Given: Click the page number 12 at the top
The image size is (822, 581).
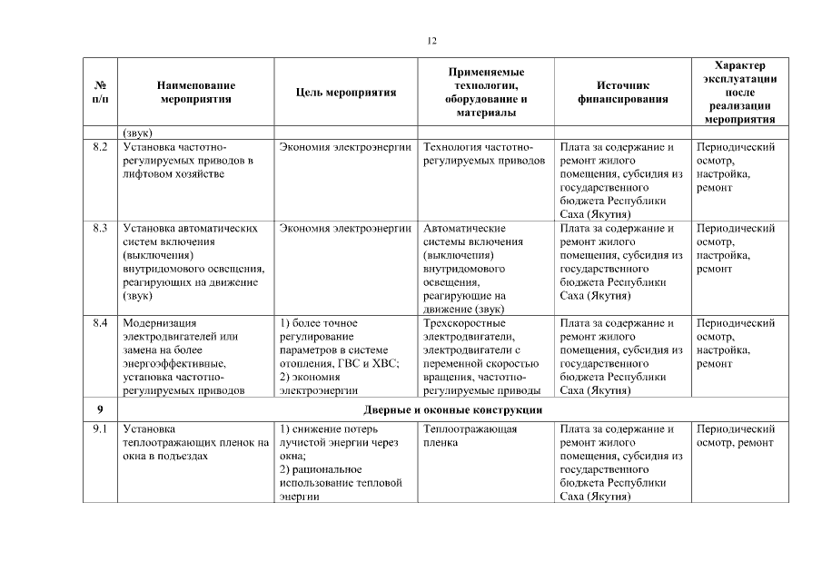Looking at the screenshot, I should pyautogui.click(x=431, y=41).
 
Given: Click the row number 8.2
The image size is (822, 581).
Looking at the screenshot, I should pyautogui.click(x=100, y=147).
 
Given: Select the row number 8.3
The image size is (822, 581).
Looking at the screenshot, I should pyautogui.click(x=100, y=229).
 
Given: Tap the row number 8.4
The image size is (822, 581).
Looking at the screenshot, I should pyautogui.click(x=100, y=323).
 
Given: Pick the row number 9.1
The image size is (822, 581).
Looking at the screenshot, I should pyautogui.click(x=100, y=428).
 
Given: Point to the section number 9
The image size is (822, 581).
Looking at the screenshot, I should pyautogui.click(x=99, y=409).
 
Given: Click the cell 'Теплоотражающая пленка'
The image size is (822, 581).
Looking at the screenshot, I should pyautogui.click(x=470, y=436).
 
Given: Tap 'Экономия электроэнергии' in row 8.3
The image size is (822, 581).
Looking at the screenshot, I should pyautogui.click(x=346, y=229).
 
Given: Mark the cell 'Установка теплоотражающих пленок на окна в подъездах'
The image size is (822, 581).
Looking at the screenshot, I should pyautogui.click(x=195, y=442).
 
